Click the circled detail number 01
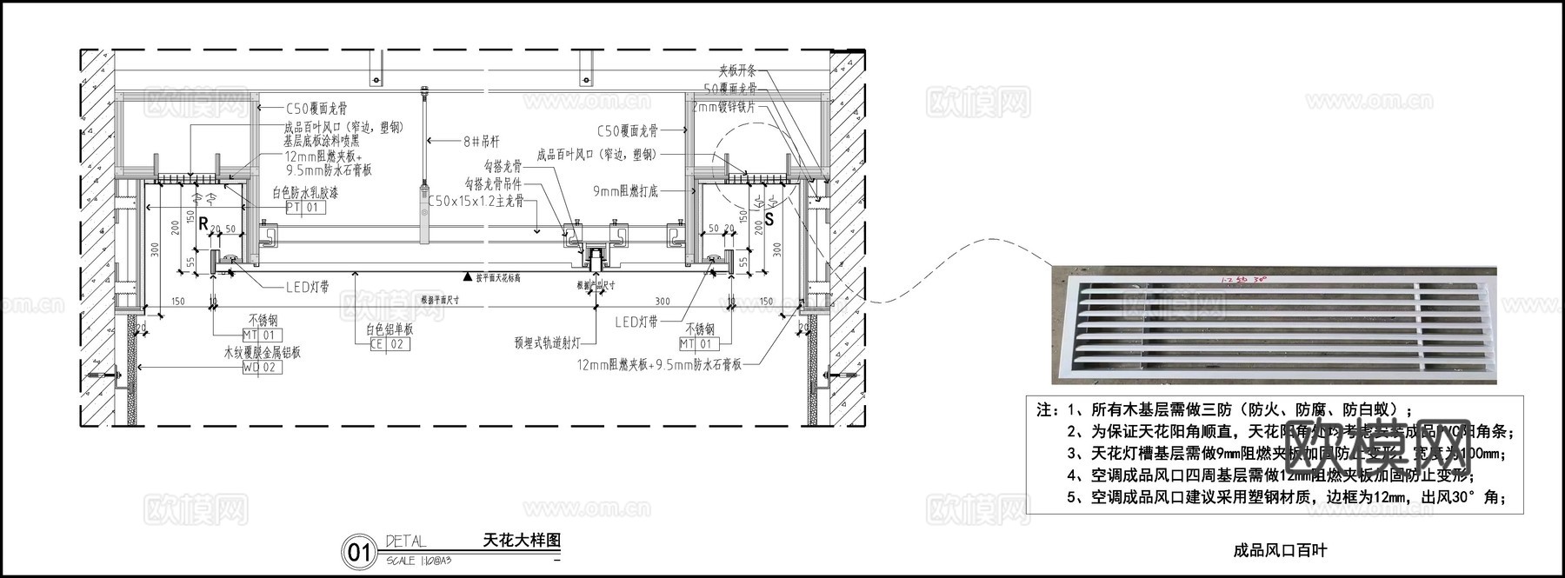coord(359,552)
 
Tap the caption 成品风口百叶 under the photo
coord(1280,550)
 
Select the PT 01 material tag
coord(305,209)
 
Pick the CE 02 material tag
coord(389,344)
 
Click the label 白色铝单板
coord(389,330)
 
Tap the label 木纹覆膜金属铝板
coord(262,354)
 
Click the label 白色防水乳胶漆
coord(304,193)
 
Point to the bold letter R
coord(203,223)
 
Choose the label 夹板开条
coord(737,71)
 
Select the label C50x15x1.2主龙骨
coord(476,201)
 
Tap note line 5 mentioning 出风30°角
coord(1283,498)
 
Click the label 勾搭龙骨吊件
coord(493,183)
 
